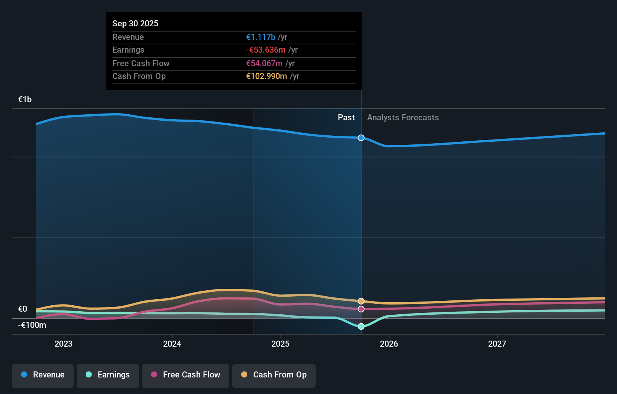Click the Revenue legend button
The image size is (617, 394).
[43, 375]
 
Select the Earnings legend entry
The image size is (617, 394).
[108, 375]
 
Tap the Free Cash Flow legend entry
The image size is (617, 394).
[186, 375]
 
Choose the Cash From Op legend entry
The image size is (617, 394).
[274, 375]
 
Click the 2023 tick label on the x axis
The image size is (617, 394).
[64, 344]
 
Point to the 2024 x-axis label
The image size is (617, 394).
[172, 344]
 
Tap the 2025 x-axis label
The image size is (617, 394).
[280, 344]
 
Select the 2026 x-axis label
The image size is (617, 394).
[389, 344]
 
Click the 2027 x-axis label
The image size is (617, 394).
[497, 344]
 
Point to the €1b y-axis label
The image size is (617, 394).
[25, 100]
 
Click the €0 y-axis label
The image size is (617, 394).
[23, 309]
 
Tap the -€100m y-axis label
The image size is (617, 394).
[32, 325]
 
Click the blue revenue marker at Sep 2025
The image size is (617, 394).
[361, 138]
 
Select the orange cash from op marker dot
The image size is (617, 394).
[361, 301]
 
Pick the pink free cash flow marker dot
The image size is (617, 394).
[361, 309]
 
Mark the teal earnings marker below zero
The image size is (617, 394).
[361, 326]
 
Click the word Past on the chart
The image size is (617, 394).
[346, 118]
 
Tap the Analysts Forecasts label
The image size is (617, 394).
[403, 118]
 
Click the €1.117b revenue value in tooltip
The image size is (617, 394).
[261, 37]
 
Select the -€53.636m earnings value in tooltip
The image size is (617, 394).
[266, 50]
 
